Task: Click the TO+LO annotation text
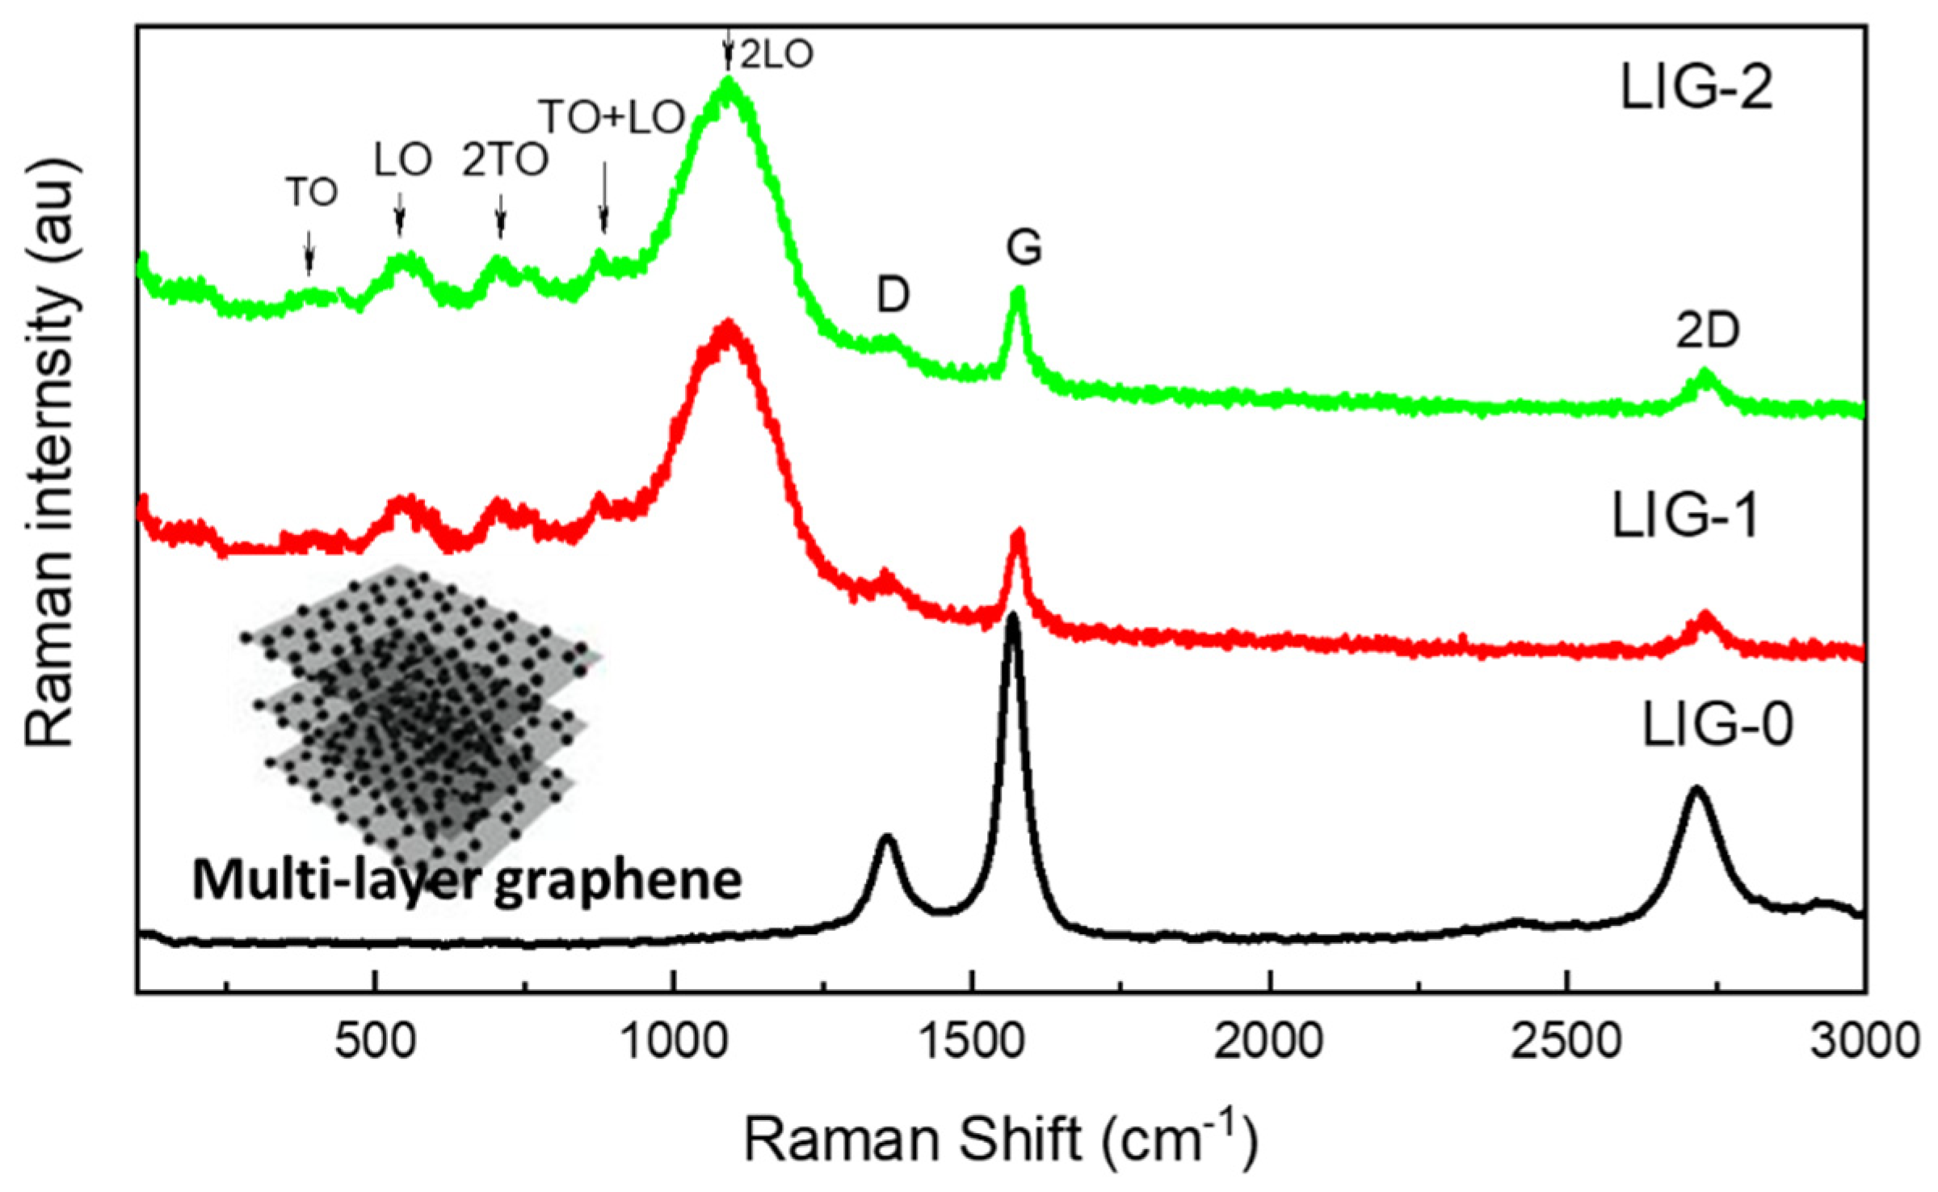[x=612, y=118]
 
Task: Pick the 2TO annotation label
[x=505, y=161]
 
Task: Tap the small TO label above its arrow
[x=312, y=192]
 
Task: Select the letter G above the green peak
[x=1024, y=248]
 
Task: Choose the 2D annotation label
[x=1707, y=331]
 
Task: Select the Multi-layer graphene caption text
[x=466, y=881]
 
